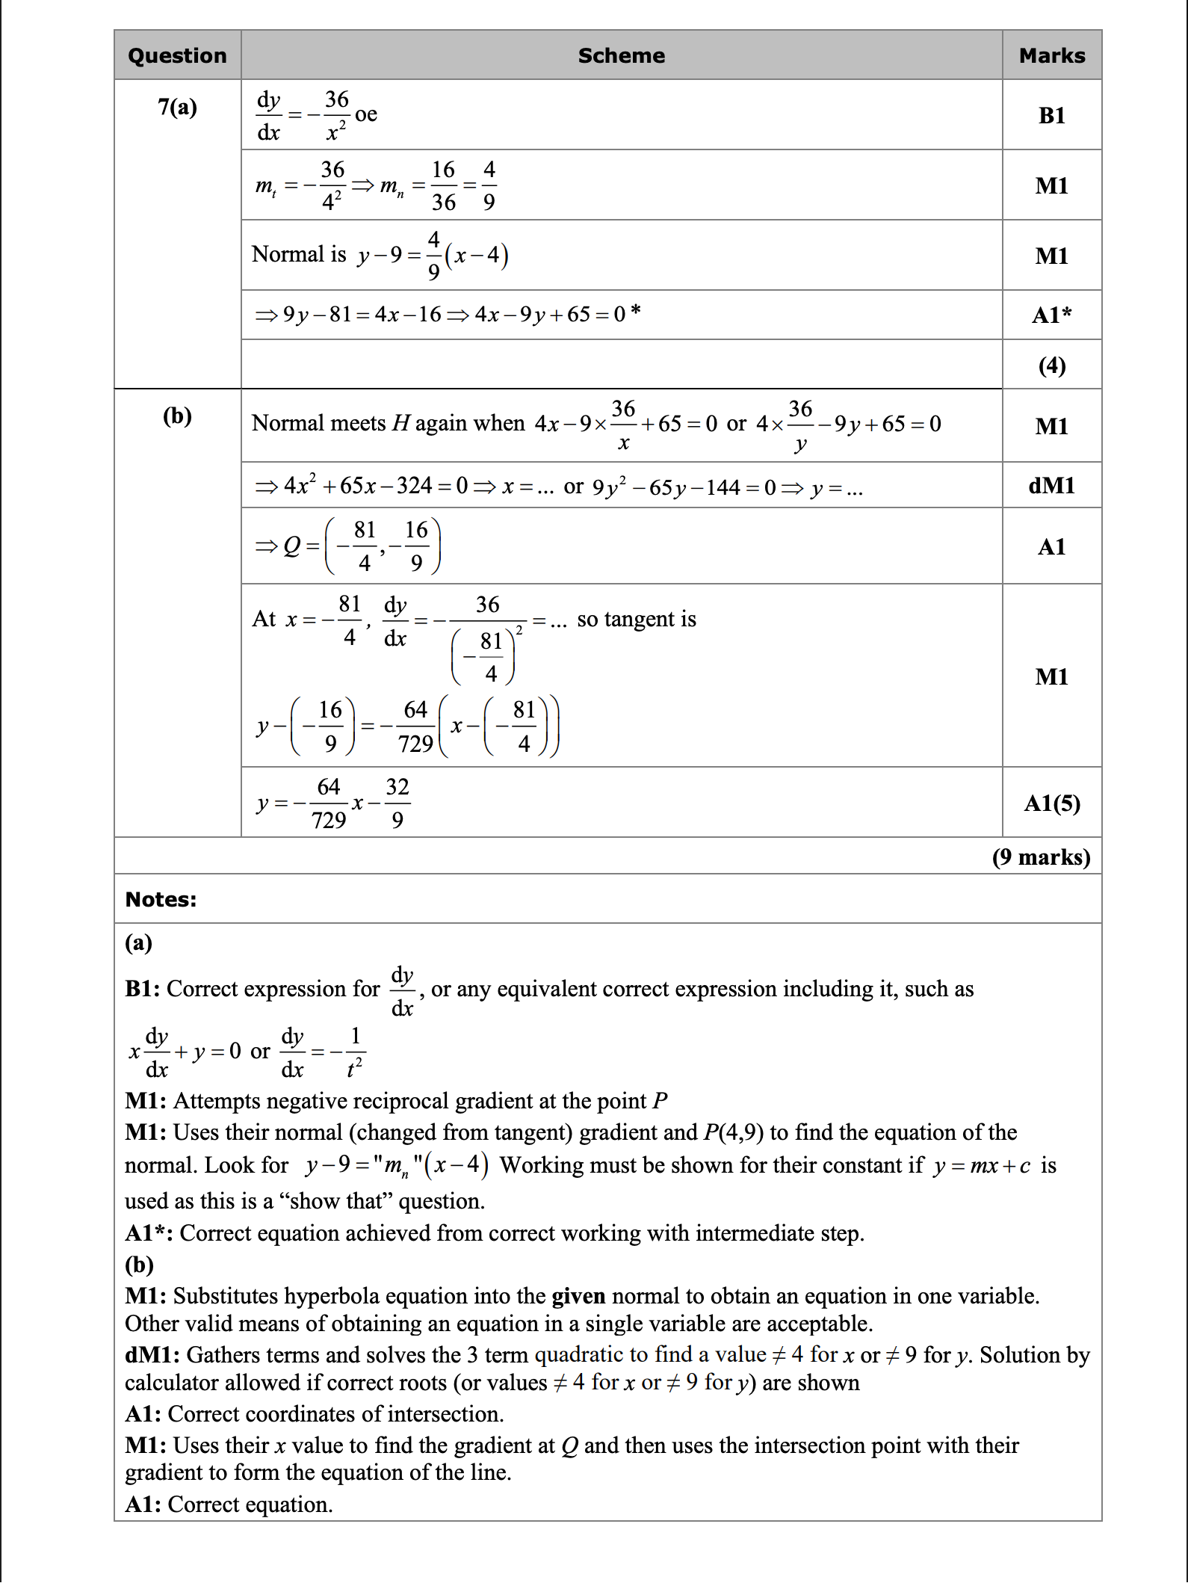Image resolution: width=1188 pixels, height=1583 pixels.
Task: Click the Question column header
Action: [177, 56]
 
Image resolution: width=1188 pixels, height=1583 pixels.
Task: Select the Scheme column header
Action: [621, 56]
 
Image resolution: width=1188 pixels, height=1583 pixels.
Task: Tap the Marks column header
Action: [1051, 56]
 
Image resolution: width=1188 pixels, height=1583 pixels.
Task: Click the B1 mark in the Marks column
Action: [1051, 115]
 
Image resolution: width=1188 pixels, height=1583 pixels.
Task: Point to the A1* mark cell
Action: [1051, 315]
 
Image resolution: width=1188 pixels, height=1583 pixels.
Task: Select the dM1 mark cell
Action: [1051, 486]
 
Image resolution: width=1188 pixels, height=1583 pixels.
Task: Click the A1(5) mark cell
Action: [1051, 803]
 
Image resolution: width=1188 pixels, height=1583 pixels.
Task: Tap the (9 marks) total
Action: [1041, 857]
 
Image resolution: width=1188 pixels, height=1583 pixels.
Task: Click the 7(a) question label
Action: [177, 108]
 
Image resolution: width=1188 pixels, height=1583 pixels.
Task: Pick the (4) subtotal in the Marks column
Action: [1051, 365]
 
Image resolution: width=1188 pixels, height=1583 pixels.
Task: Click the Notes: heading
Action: [161, 899]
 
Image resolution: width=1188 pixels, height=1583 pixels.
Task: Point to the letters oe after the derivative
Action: [366, 114]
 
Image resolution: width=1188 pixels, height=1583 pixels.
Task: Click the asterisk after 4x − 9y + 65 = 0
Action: [635, 310]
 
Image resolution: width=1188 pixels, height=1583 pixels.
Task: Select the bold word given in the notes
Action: [578, 1296]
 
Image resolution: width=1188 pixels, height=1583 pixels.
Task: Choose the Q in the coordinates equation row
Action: [291, 546]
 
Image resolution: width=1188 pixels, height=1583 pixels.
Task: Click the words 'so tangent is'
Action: [636, 620]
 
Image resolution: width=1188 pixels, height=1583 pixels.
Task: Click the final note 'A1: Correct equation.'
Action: [229, 1504]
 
